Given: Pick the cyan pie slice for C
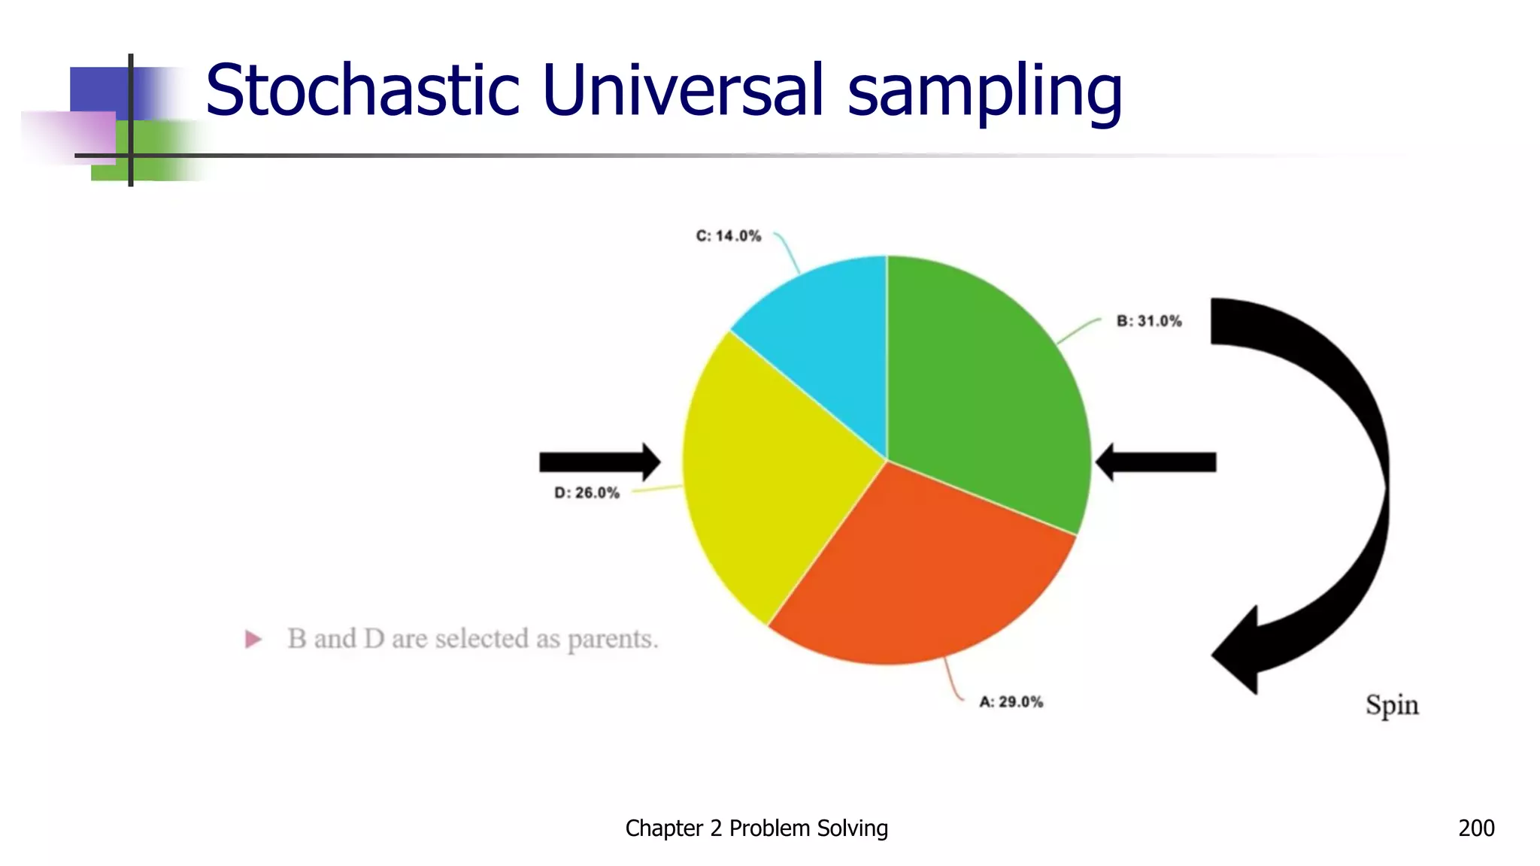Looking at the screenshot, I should [827, 338].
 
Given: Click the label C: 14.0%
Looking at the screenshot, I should [728, 236].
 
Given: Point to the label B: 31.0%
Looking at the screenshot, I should [1148, 321].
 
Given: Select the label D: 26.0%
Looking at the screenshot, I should [587, 493].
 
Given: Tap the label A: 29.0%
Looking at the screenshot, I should [1011, 702].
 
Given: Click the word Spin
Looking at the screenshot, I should [1392, 705].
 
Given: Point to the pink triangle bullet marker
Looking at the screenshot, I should [253, 640].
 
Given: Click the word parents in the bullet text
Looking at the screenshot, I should [612, 640].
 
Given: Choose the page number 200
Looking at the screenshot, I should [1476, 828].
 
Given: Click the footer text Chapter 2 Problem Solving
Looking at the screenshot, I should [756, 828].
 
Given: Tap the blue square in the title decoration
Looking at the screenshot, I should [98, 90].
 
